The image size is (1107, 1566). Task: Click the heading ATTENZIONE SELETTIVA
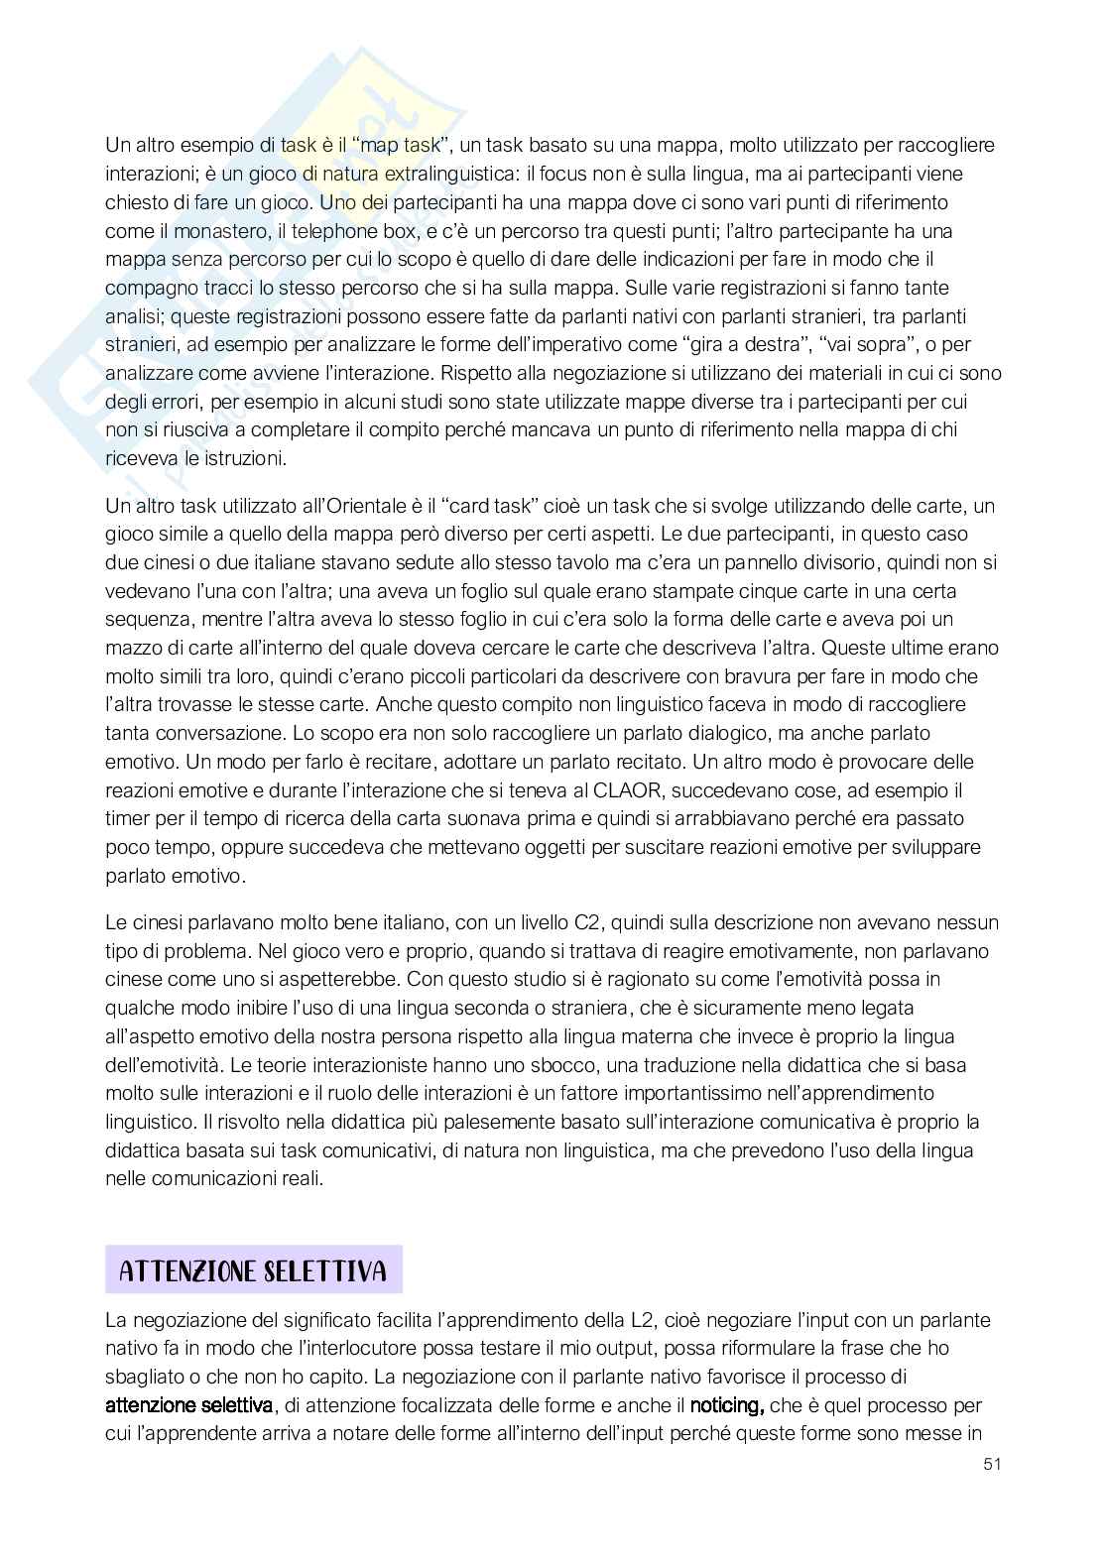pyautogui.click(x=253, y=1270)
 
